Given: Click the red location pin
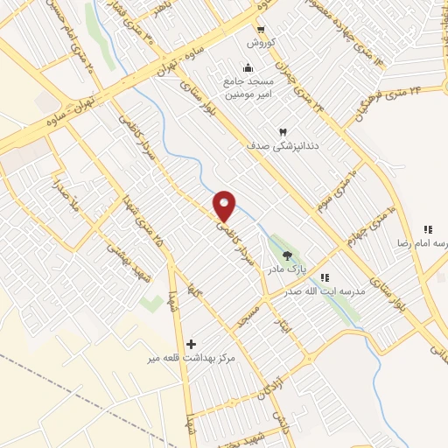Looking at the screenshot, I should pyautogui.click(x=226, y=206).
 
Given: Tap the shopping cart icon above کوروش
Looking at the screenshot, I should pyautogui.click(x=261, y=27).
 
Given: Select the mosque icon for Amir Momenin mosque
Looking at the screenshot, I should pyautogui.click(x=248, y=69).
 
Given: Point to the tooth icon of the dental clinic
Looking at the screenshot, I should pyautogui.click(x=283, y=130).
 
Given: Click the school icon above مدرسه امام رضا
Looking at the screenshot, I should pyautogui.click(x=428, y=227).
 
